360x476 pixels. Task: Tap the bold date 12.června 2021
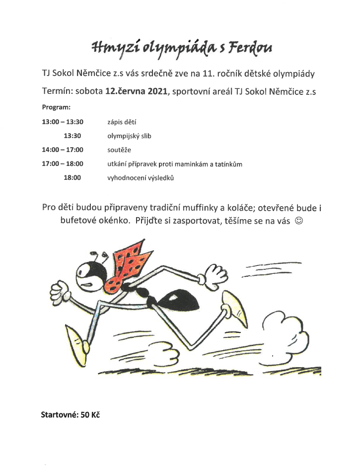pyautogui.click(x=134, y=91)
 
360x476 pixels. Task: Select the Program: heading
pyautogui.click(x=56, y=107)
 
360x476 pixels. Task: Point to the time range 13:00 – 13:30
pyautogui.click(x=63, y=121)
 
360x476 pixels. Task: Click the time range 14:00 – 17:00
pyautogui.click(x=63, y=149)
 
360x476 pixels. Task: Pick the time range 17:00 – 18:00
pyautogui.click(x=63, y=163)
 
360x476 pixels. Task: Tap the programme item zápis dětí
pyautogui.click(x=122, y=121)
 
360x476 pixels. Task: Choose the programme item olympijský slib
pyautogui.click(x=129, y=135)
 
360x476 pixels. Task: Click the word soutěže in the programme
pyautogui.click(x=119, y=149)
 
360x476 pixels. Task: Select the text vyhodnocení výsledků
pyautogui.click(x=141, y=177)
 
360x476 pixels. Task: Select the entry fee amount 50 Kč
pyautogui.click(x=90, y=414)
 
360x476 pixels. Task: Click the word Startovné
pyautogui.click(x=59, y=414)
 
